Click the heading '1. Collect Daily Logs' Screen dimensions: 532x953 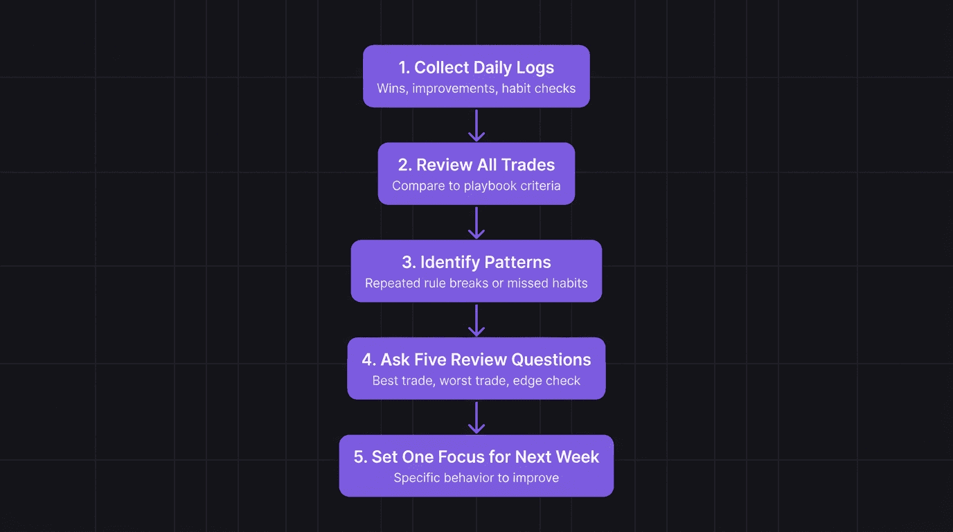[x=476, y=67]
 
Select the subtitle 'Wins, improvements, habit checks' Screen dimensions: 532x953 [x=476, y=88]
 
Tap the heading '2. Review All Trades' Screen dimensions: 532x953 [x=476, y=165]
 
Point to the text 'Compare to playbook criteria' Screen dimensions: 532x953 [x=476, y=186]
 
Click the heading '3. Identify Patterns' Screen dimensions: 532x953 [x=476, y=262]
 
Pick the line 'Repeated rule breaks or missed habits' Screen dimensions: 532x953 [x=476, y=283]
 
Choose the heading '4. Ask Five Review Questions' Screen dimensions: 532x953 [x=476, y=360]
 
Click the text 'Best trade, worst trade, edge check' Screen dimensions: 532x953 [x=476, y=380]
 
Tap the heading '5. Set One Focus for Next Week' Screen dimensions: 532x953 [x=476, y=457]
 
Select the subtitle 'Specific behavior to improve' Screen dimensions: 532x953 [x=476, y=478]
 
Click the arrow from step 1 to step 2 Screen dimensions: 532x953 [x=476, y=125]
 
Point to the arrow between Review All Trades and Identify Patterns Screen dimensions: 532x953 [x=476, y=222]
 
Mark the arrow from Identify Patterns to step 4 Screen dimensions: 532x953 [x=476, y=320]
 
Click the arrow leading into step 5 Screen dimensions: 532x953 [x=476, y=417]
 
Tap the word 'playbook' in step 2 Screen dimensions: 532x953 [x=484, y=186]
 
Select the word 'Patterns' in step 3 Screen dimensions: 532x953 [x=517, y=262]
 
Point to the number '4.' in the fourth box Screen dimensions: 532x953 [x=368, y=360]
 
